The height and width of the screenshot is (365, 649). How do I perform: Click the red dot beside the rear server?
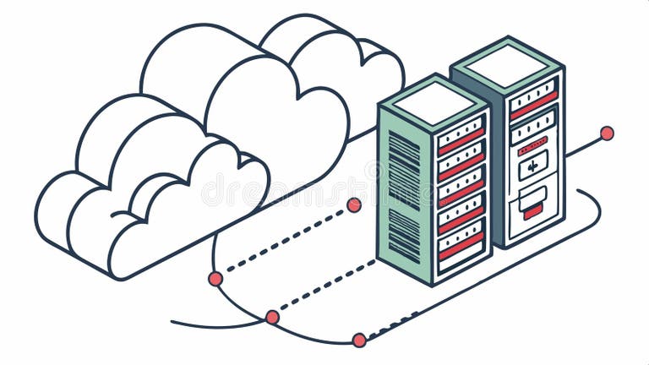tap(606, 133)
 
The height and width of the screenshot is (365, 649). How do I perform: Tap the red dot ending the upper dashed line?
tap(354, 204)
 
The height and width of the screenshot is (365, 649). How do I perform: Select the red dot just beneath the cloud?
tap(215, 278)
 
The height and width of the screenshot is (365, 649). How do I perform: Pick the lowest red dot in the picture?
tap(359, 340)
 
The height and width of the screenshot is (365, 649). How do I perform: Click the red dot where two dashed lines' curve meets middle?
tap(272, 317)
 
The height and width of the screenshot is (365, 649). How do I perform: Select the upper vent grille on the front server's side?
tap(404, 170)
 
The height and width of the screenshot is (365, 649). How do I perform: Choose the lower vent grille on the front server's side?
tap(404, 236)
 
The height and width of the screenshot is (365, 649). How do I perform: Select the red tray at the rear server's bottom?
tap(532, 211)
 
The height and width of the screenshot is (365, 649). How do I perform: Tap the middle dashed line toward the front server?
tap(325, 286)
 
